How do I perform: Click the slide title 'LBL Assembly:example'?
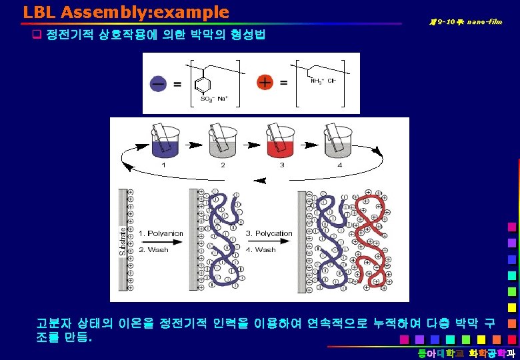125,12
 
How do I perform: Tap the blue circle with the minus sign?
159,83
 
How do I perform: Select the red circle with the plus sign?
265,83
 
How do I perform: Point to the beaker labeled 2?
222,145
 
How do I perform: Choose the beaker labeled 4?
339,145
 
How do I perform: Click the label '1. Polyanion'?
161,233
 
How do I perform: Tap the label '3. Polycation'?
269,233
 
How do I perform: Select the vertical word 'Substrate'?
123,240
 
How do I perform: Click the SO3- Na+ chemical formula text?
215,99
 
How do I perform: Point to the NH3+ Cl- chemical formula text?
324,81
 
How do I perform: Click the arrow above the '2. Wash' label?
161,241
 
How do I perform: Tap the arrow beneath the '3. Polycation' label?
269,241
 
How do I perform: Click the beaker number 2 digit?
223,165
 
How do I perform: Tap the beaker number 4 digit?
339,165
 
